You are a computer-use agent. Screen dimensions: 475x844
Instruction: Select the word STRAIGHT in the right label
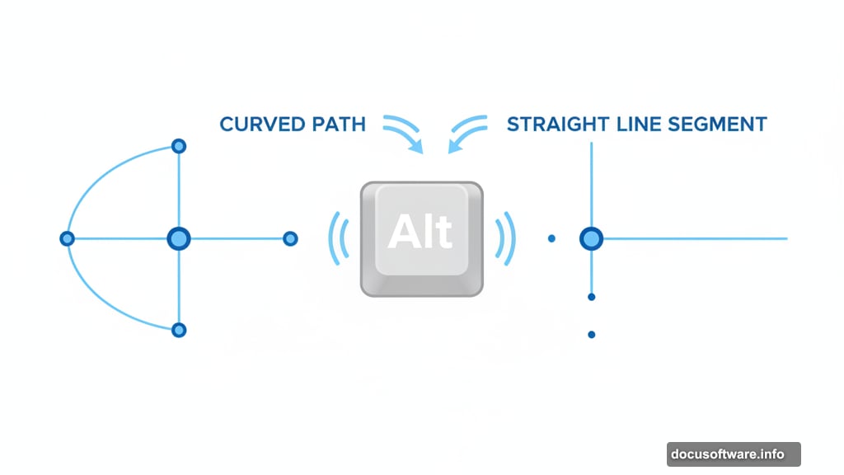tap(559, 125)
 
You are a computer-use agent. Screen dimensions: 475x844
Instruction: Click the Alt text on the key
tap(420, 232)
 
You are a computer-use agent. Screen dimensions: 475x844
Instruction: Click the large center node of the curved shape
tap(179, 239)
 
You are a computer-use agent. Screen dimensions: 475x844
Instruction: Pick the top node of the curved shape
tap(179, 147)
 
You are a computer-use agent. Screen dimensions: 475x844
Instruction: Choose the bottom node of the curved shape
tap(179, 330)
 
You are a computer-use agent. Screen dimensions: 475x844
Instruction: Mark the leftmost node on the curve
tap(68, 239)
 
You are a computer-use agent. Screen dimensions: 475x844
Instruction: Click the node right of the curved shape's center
tap(290, 239)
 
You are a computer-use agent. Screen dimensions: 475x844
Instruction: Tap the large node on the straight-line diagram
tap(591, 239)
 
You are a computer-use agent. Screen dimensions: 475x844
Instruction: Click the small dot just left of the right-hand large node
tap(551, 239)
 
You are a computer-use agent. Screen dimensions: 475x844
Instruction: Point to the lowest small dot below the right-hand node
tap(591, 335)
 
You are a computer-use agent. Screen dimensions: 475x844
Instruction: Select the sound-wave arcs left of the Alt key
tap(336, 239)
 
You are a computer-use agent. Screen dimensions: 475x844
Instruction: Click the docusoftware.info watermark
tap(733, 454)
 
